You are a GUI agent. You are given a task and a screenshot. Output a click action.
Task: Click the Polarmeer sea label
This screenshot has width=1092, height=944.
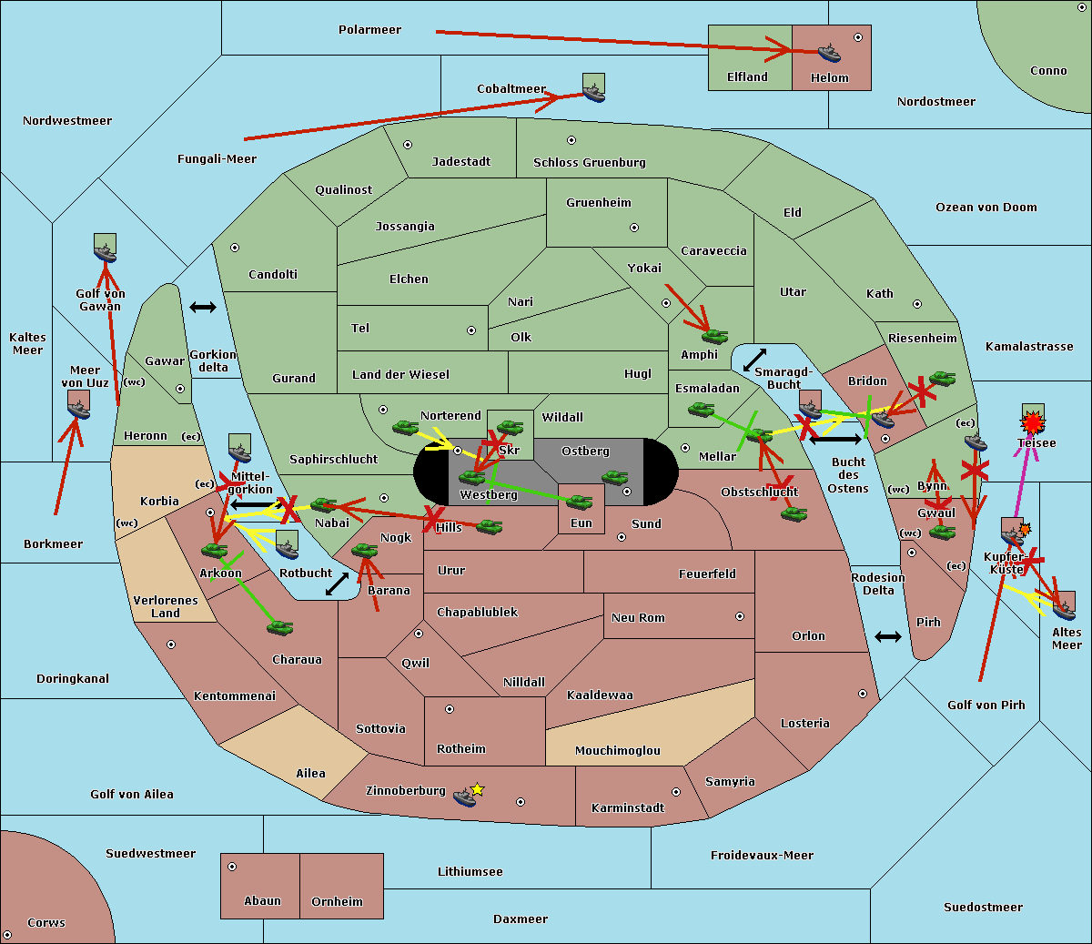[369, 30]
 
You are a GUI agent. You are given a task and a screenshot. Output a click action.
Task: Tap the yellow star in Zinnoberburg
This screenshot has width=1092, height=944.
[477, 789]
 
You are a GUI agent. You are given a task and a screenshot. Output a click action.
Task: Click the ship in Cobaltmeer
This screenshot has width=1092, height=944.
[593, 92]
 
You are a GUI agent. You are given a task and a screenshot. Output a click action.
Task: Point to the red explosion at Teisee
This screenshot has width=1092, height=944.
[1032, 423]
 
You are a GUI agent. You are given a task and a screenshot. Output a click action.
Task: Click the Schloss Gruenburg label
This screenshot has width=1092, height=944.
[589, 163]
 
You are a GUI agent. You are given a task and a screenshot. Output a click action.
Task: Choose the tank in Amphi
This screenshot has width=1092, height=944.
[714, 337]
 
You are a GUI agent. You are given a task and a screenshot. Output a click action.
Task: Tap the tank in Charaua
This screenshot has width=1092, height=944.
[279, 627]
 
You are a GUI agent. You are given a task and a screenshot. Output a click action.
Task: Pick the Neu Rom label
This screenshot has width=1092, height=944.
[638, 618]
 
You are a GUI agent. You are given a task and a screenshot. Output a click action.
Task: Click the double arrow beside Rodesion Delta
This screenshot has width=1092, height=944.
[888, 636]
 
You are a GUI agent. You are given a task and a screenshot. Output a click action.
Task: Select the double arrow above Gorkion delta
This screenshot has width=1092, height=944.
[203, 307]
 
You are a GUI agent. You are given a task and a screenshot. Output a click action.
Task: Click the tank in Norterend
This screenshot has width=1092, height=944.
[406, 427]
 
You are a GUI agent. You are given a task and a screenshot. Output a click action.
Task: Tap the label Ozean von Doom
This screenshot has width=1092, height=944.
[986, 208]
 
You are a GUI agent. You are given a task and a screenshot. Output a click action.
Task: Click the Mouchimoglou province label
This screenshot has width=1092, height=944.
[617, 751]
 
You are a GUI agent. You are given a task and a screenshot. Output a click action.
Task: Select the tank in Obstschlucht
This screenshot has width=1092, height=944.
[794, 514]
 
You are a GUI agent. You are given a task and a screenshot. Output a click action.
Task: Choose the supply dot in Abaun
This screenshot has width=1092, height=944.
[232, 867]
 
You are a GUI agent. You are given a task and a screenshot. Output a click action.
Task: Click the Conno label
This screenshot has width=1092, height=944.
[1048, 71]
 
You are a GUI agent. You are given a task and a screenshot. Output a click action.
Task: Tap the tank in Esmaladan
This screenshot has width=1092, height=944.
[701, 410]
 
